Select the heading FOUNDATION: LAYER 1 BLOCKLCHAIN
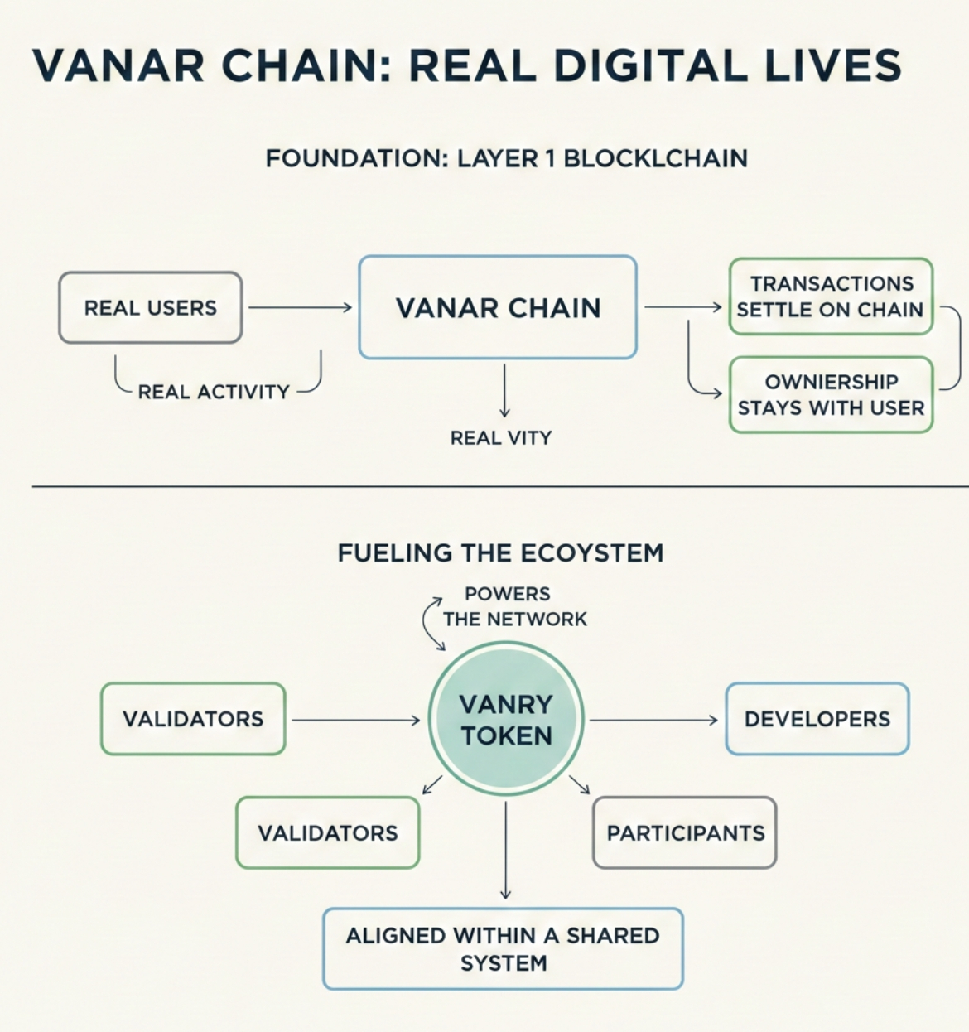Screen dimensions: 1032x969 coord(506,158)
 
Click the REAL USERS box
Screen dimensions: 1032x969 coord(150,308)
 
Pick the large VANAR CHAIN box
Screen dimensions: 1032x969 coord(498,308)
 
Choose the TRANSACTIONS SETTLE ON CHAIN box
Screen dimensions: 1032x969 coord(831,297)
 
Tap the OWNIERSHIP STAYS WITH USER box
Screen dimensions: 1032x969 coord(831,395)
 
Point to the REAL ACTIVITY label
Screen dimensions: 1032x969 coord(214,392)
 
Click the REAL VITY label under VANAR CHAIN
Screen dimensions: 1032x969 coord(501,437)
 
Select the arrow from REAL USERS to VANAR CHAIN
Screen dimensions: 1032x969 coord(300,308)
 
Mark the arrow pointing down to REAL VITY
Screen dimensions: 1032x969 coord(504,390)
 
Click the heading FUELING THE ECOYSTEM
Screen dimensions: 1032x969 coord(500,552)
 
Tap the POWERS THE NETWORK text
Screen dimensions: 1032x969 coord(513,606)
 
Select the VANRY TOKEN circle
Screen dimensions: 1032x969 coord(506,720)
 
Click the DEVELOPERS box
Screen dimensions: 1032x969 coord(817,719)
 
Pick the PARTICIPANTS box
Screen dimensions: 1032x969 coord(685,833)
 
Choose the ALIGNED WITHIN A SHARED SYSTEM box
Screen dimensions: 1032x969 coord(503,949)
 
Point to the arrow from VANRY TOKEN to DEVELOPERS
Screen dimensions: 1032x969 coord(653,721)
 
